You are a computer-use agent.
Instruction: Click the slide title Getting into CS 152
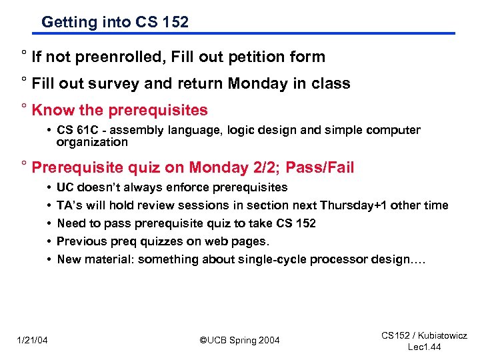click(x=115, y=22)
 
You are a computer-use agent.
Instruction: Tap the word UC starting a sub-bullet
click(x=65, y=187)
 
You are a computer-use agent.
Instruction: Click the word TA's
click(x=70, y=205)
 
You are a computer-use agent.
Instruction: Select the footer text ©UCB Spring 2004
click(x=240, y=341)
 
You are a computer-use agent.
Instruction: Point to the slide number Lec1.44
click(x=424, y=347)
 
